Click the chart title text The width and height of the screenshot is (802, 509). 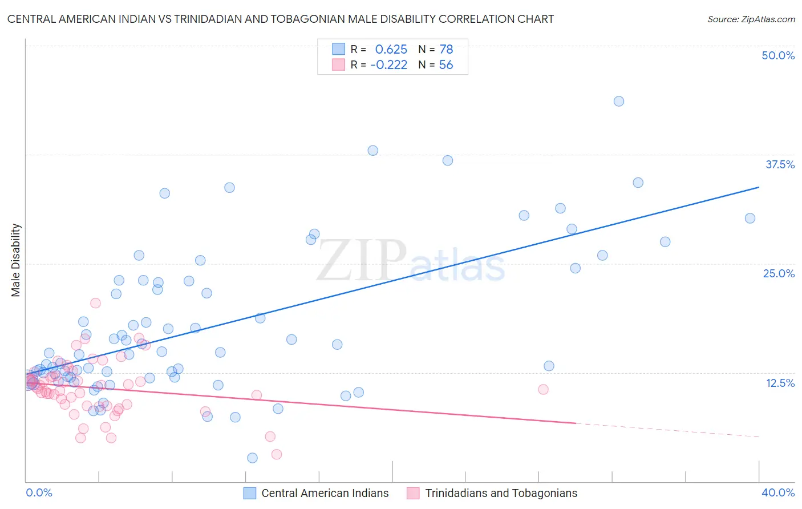click(x=280, y=19)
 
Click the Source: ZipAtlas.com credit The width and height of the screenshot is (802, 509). click(x=751, y=19)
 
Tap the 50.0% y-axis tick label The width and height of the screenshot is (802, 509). click(x=778, y=55)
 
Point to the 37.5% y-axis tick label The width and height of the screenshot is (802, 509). click(x=780, y=164)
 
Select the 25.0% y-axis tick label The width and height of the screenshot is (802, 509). click(x=779, y=273)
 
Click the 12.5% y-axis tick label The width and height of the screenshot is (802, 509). click(x=780, y=383)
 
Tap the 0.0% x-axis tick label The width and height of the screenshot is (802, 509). click(x=39, y=492)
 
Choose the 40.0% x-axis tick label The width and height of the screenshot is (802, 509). click(x=778, y=492)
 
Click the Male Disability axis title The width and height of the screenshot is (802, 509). click(x=16, y=260)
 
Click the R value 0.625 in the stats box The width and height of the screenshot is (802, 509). click(x=391, y=50)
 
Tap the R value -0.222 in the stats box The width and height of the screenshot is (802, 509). click(x=388, y=65)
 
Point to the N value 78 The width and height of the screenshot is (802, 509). click(x=446, y=50)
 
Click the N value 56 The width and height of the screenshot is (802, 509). click(x=446, y=65)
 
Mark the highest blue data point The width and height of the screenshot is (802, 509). click(x=619, y=102)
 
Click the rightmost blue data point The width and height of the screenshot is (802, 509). click(x=750, y=219)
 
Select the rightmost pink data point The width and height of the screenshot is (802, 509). click(x=543, y=389)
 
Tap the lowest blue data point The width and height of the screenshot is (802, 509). click(x=252, y=458)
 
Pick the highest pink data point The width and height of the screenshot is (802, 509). click(x=96, y=303)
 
